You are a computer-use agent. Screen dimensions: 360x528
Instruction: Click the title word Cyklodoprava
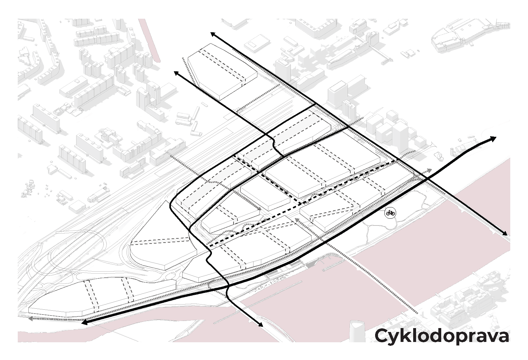442,336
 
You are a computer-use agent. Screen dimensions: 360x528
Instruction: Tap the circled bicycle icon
390,213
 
